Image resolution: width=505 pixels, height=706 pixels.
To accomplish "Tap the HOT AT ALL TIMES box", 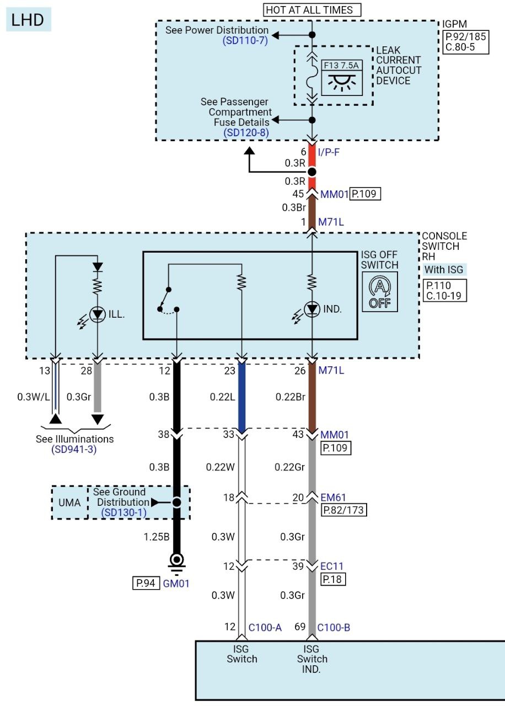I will [x=311, y=10].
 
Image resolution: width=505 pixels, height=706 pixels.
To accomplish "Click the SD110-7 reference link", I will [x=245, y=40].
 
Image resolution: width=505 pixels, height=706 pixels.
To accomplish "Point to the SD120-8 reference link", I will [x=246, y=132].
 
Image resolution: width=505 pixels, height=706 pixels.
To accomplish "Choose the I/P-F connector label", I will [x=329, y=152].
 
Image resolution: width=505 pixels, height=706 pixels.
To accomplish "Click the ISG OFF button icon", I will [x=379, y=292].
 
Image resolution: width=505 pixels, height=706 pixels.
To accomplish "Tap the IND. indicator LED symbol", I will [x=313, y=309].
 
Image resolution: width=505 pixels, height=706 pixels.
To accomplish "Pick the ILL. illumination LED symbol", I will [x=98, y=314].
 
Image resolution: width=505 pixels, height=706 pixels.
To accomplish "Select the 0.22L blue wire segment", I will [x=241, y=397].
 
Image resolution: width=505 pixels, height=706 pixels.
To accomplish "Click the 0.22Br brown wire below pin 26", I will [x=313, y=397].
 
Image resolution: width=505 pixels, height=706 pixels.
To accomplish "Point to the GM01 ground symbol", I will [x=176, y=562].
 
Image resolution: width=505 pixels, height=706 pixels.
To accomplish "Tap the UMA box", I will [x=69, y=502].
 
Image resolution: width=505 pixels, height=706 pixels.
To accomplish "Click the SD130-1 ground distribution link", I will [x=123, y=512].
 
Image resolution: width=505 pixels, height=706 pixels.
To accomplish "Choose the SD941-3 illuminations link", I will [x=74, y=450].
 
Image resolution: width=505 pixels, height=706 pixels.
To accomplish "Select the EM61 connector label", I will [x=334, y=498].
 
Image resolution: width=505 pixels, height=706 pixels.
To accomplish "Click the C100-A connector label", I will [x=265, y=627].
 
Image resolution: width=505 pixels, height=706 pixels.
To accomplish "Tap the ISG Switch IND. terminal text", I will [x=312, y=659].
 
